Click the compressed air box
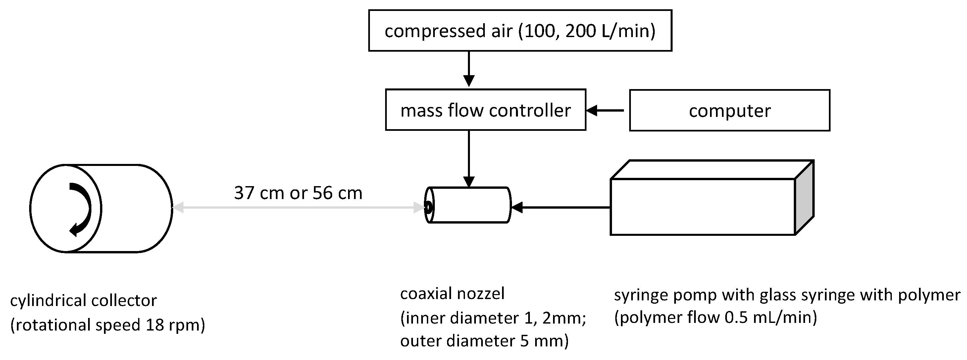point(520,30)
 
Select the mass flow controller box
point(485,110)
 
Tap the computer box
point(729,110)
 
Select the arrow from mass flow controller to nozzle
point(469,158)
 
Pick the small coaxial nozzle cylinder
point(469,205)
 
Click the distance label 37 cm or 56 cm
point(298,193)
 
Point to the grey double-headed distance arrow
point(298,207)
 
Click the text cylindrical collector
point(83,300)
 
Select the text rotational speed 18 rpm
point(108,325)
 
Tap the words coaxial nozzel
point(452,293)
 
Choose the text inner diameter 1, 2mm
point(493,318)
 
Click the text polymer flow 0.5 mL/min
point(716,318)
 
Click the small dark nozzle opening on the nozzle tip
point(428,206)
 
